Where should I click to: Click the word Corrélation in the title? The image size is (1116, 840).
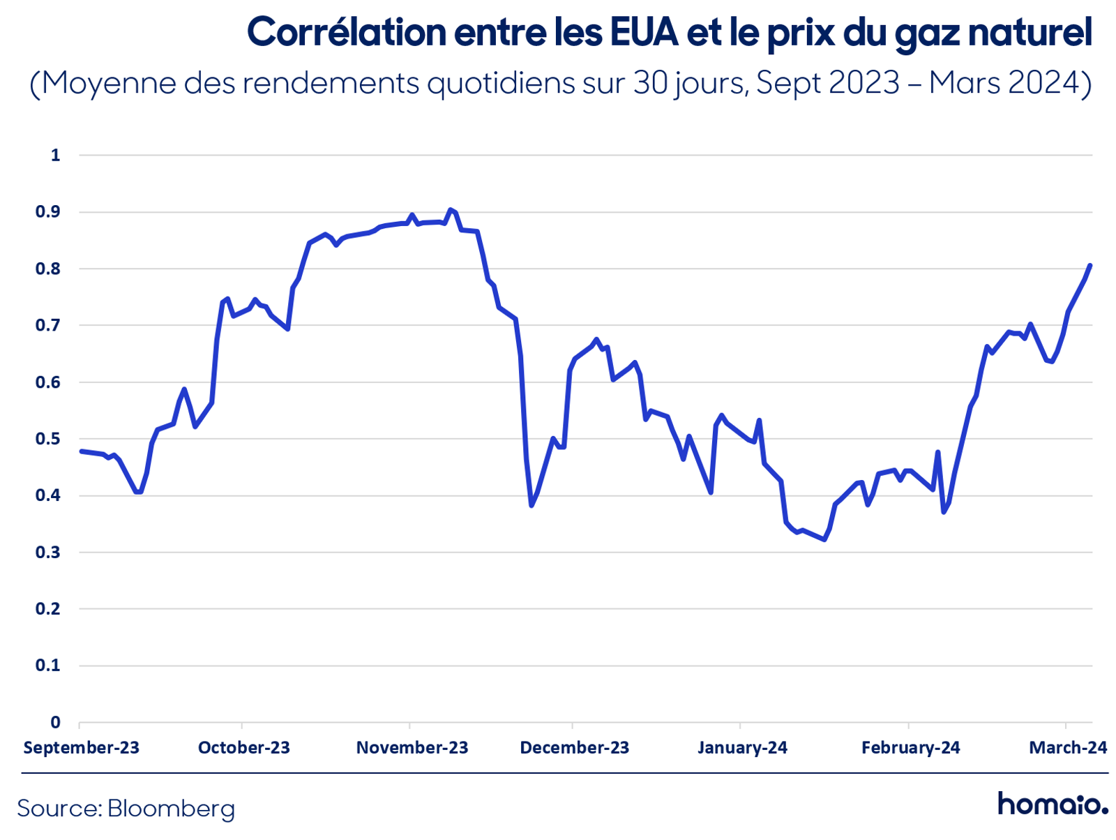346,32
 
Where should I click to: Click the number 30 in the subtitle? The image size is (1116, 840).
651,82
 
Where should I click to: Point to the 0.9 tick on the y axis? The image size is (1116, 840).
48,211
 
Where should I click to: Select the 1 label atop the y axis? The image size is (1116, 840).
55,155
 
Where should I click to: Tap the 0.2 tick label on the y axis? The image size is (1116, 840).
48,608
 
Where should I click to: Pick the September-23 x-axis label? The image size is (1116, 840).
82,747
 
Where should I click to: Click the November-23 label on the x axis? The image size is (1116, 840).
412,747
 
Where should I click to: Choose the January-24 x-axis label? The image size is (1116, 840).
742,747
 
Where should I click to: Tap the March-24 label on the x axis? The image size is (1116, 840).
1068,747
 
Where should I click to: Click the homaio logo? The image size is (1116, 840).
1053,804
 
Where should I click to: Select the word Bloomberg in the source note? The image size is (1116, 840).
171,809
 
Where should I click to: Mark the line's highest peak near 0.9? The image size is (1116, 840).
450,209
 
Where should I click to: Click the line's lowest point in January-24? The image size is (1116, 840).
824,539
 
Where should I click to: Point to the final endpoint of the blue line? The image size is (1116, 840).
1089,265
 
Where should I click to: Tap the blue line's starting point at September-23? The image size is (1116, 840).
82,451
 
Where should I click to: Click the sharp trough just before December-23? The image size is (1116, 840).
531,505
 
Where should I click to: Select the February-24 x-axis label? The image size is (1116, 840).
911,747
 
